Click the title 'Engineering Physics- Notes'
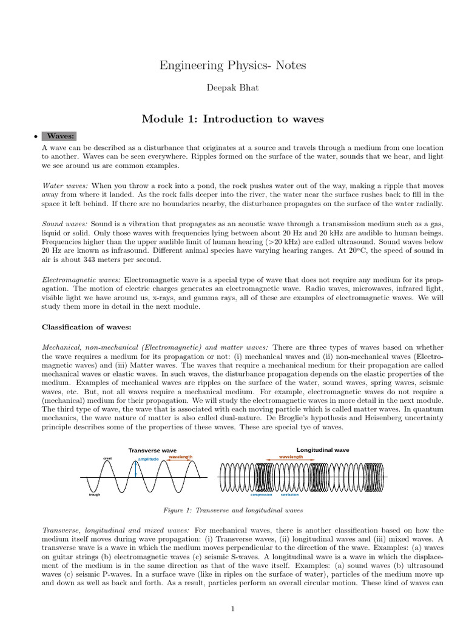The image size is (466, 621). click(x=233, y=65)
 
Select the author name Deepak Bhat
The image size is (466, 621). click(x=233, y=89)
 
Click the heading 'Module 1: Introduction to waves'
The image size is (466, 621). click(x=233, y=118)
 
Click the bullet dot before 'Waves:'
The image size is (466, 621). click(x=36, y=136)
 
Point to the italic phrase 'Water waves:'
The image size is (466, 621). click(x=65, y=184)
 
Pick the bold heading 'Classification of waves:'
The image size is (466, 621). click(x=86, y=327)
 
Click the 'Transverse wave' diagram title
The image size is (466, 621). click(x=152, y=451)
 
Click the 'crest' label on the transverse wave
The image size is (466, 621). click(x=107, y=458)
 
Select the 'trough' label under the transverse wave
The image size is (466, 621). click(x=94, y=495)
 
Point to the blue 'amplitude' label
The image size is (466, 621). click(x=148, y=460)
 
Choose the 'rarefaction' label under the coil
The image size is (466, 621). click(x=289, y=494)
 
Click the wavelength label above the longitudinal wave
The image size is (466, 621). click(x=291, y=457)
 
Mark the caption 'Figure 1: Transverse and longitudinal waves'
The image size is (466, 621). click(x=233, y=511)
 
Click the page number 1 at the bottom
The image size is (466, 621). click(x=233, y=609)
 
